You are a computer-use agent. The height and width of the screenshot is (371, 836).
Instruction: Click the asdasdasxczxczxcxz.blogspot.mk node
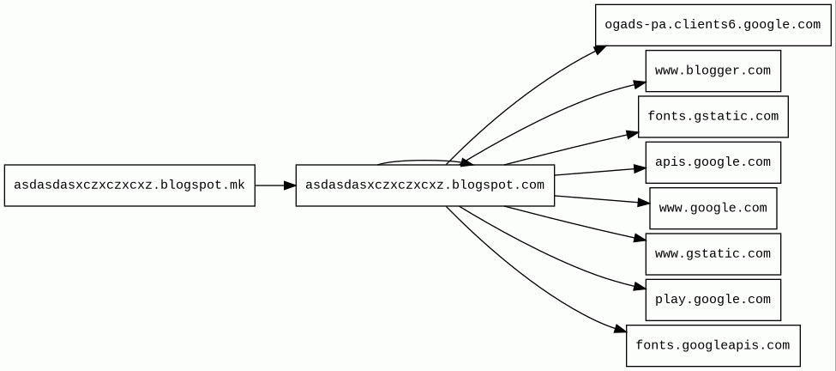[129, 185]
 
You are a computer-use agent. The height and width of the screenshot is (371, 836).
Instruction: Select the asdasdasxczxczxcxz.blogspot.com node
[425, 185]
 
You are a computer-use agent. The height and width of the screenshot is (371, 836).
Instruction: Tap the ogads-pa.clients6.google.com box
[713, 25]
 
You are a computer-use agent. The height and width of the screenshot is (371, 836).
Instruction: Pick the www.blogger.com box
[713, 71]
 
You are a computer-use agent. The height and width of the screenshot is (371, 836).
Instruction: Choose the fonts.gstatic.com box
[713, 117]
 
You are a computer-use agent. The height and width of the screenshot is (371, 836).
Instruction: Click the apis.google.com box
[713, 162]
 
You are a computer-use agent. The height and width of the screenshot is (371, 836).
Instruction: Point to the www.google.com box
[713, 208]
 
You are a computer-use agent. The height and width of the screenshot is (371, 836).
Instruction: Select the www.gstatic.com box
[713, 254]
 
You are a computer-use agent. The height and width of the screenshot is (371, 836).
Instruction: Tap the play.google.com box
[713, 300]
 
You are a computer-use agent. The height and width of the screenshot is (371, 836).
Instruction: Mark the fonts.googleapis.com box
[713, 345]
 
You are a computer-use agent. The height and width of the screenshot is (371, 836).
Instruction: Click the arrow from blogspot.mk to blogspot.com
[275, 185]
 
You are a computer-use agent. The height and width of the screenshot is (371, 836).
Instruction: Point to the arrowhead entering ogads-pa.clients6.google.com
[600, 50]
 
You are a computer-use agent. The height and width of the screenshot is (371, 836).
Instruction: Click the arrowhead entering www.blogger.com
[640, 84]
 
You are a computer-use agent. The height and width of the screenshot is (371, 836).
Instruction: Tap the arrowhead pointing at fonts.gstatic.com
[632, 134]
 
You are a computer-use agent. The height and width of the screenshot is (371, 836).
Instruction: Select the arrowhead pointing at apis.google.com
[640, 168]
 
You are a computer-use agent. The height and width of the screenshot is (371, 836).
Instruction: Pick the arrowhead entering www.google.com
[643, 203]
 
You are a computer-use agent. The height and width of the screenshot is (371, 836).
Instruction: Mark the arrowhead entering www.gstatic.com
[640, 238]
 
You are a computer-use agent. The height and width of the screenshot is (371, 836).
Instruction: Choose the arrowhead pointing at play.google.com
[640, 287]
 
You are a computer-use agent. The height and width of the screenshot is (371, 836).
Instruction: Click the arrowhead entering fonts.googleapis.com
[620, 330]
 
